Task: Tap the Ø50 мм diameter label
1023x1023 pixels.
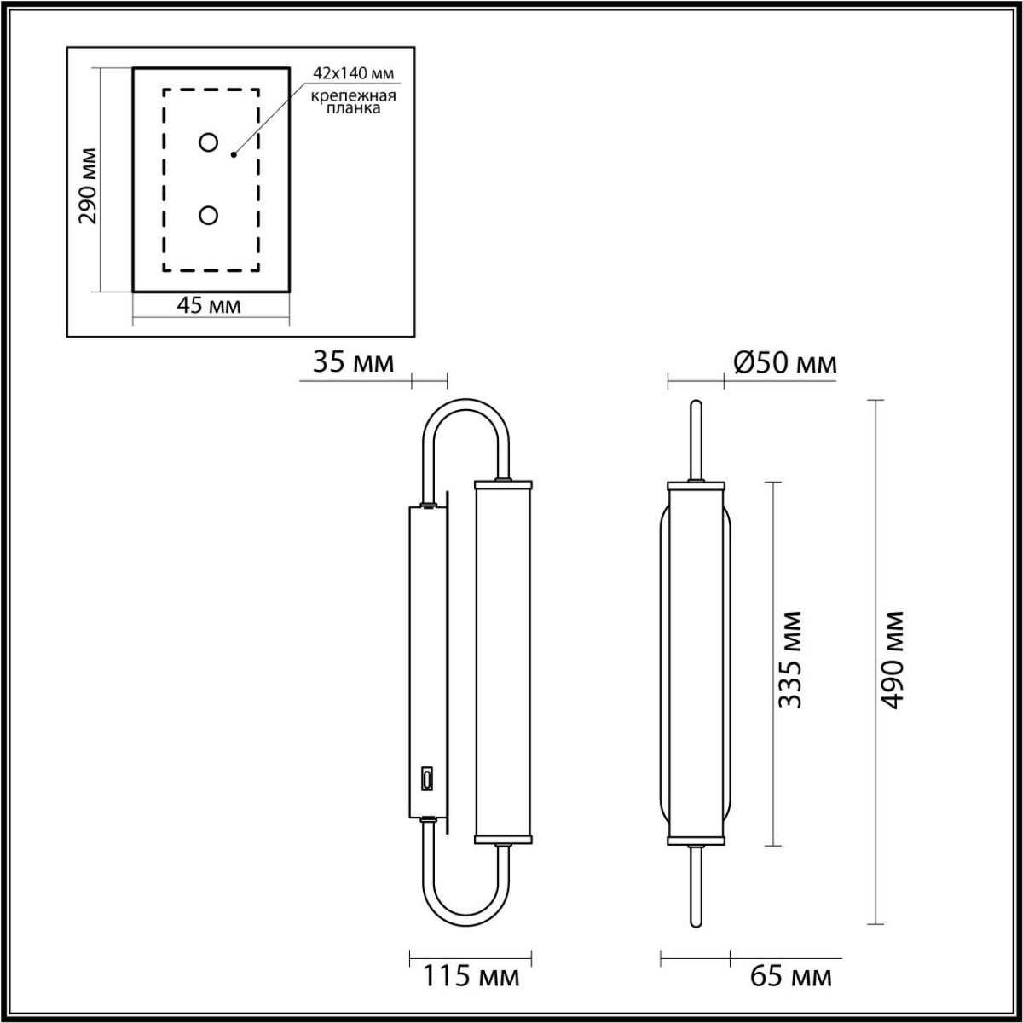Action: click(x=785, y=363)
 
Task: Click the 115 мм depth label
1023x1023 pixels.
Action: click(x=471, y=976)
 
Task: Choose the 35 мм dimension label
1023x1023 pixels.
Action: click(x=354, y=363)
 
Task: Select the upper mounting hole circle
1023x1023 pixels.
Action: click(x=208, y=142)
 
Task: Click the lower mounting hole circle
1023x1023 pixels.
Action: click(x=208, y=215)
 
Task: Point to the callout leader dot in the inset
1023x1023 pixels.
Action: click(x=233, y=155)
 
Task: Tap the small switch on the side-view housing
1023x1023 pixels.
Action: click(x=426, y=778)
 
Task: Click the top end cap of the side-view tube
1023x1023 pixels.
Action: click(x=502, y=484)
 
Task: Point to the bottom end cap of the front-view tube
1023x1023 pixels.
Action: click(x=696, y=841)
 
